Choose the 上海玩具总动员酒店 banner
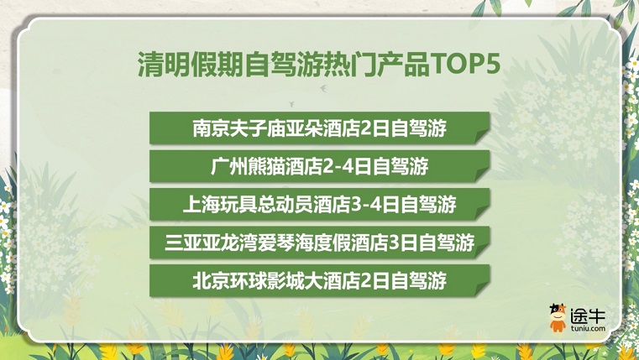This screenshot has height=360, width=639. click(319, 204)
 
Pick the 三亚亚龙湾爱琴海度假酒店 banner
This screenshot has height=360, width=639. click(319, 243)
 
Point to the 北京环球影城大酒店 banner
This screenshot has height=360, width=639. click(319, 280)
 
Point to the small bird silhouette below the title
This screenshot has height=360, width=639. click(322, 85)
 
